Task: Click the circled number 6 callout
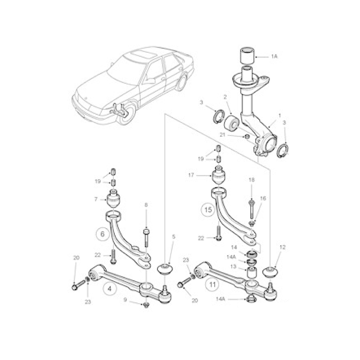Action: coord(103,234)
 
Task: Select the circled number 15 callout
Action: coord(208,210)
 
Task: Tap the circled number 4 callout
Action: coord(109,288)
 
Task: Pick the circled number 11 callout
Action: coord(212,285)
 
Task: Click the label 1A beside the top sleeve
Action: coord(274,56)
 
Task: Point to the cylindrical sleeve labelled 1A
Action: coord(247,55)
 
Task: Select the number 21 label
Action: coord(222,135)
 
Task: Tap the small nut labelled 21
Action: coord(246,137)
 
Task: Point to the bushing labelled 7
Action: coord(114,199)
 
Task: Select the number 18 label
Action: coord(252,180)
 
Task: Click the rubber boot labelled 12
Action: coord(270,272)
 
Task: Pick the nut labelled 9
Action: coord(146,305)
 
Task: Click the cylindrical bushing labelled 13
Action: coord(252,272)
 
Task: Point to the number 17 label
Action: coord(191,175)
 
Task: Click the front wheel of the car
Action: coord(126,114)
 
